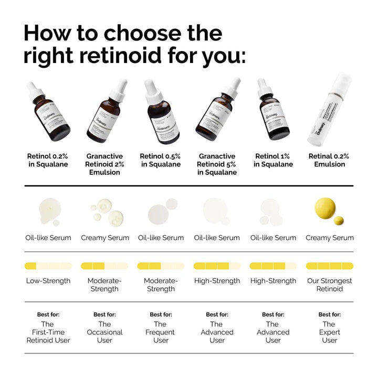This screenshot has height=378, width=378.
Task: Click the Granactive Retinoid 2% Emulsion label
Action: pyautogui.click(x=104, y=164)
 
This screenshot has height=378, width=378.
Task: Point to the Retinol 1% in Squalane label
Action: pyautogui.click(x=273, y=160)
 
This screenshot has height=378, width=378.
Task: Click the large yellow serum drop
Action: pyautogui.click(x=325, y=208)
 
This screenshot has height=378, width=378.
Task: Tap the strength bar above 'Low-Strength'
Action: pyautogui.click(x=48, y=266)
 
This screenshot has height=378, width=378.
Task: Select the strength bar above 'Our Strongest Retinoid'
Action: pyautogui.click(x=329, y=266)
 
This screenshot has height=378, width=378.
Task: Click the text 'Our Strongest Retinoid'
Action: pyautogui.click(x=329, y=285)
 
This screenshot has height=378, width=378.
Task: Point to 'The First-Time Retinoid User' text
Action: pyautogui.click(x=48, y=332)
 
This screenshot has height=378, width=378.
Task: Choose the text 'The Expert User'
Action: pyautogui.click(x=329, y=332)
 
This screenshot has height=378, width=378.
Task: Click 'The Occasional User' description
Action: pyautogui.click(x=104, y=332)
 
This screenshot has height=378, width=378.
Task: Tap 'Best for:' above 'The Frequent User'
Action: pyautogui.click(x=161, y=314)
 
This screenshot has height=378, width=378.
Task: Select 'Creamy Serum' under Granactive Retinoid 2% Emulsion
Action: pyautogui.click(x=104, y=238)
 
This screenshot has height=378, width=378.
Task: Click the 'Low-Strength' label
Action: pyautogui.click(x=48, y=281)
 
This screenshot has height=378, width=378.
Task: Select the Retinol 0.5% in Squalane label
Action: pyautogui.click(x=161, y=160)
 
